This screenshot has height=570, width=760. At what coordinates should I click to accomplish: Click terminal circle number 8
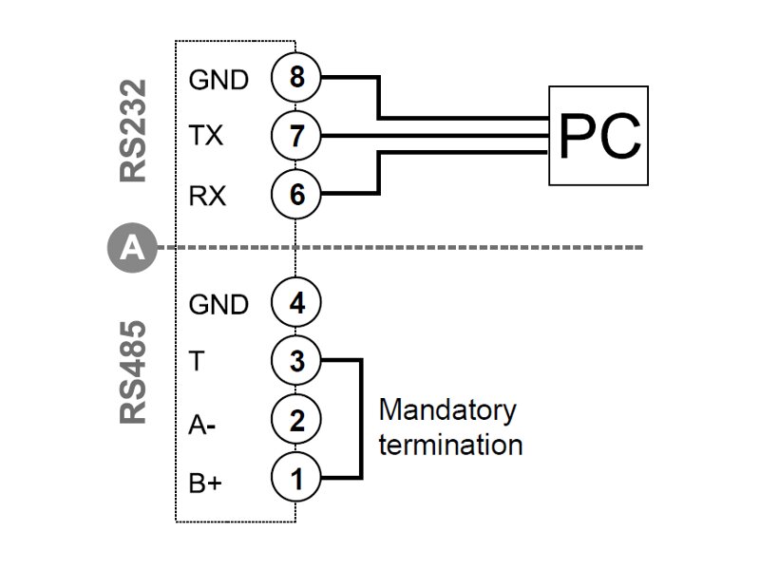click(296, 78)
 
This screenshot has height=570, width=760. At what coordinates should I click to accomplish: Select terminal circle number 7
click(296, 137)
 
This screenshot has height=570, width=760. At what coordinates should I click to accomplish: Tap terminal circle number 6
click(296, 195)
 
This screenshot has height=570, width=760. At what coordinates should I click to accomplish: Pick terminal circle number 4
click(296, 304)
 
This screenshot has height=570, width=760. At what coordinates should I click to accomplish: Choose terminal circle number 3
click(296, 362)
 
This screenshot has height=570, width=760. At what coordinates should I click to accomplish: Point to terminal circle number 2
click(296, 420)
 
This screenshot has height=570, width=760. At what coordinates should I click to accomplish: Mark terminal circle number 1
click(296, 479)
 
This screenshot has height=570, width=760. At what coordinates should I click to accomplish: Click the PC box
click(598, 136)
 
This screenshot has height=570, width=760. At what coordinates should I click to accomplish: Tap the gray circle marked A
click(133, 249)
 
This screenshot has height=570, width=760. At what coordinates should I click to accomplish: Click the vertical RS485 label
click(134, 372)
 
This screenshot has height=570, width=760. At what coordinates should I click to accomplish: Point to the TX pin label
click(206, 137)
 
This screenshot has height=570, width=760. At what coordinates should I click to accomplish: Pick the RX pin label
click(207, 196)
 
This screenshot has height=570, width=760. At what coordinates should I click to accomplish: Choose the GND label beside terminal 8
click(218, 79)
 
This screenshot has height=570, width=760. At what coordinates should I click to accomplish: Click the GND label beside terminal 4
click(218, 305)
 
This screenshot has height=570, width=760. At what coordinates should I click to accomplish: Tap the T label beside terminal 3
click(196, 363)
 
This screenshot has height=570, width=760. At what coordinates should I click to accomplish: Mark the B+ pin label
click(205, 484)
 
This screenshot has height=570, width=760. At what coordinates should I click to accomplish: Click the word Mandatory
click(447, 412)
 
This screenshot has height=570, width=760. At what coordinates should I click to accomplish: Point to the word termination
click(450, 444)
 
